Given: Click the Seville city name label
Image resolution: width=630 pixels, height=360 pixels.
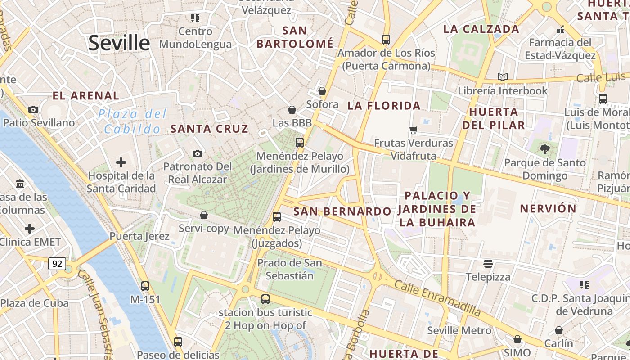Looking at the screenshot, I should point(119,43).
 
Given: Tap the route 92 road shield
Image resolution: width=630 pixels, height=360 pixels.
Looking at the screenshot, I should point(57,264).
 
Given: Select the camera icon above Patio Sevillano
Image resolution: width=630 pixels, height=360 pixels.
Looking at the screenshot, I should point(33,109).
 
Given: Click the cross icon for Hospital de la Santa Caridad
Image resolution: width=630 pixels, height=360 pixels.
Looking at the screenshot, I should point(121,162).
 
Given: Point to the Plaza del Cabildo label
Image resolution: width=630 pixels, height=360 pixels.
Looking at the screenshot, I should point(132,121).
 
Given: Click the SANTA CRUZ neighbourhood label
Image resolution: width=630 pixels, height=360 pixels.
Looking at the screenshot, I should point(209,129).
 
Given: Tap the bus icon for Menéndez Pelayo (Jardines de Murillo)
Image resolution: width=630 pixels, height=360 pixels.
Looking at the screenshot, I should point(300,143).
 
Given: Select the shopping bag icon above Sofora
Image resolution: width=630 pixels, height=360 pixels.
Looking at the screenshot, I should point(322,91).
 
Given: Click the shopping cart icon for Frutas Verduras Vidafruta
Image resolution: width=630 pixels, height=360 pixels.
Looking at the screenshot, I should point(413,130).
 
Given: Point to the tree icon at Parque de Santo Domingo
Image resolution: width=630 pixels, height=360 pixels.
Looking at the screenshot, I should point(545,149).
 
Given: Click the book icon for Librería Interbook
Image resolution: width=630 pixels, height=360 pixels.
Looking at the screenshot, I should point(502,77).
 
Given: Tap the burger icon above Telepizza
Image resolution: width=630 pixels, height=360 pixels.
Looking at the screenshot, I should point(488,263).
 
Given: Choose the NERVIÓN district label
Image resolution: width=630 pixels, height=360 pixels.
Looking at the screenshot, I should point(548,209).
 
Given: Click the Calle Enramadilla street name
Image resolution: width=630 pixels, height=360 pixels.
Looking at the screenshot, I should point(437,297).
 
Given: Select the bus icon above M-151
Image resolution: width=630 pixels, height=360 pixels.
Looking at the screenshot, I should point(145,286).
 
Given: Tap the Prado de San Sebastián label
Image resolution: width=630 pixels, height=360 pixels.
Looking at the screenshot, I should point(289,269).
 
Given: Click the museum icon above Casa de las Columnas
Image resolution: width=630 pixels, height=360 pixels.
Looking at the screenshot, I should point(20,184).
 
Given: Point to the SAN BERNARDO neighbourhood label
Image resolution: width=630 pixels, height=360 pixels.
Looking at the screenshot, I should point(342,211).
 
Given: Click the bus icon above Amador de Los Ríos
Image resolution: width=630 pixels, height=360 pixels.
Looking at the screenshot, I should point(386,39).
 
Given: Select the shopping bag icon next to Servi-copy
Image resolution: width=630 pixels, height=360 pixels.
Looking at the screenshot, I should point(204,215).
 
